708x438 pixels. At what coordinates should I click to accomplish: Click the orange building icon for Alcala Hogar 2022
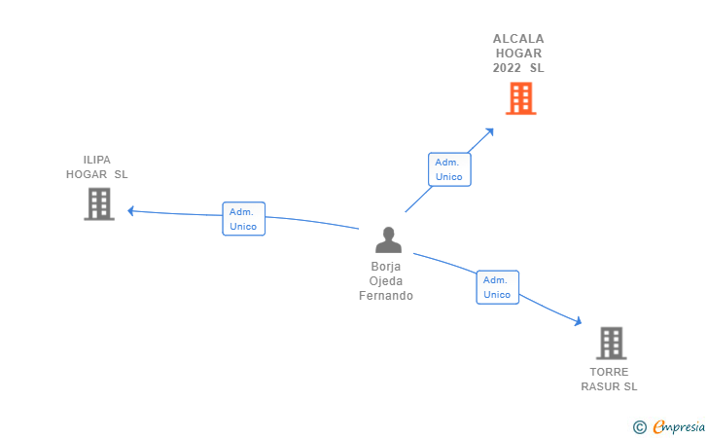[521, 98]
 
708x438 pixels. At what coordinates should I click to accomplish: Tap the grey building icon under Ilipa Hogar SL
[99, 204]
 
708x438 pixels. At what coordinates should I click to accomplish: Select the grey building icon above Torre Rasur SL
[611, 344]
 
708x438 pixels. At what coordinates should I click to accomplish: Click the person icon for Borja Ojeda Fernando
[388, 240]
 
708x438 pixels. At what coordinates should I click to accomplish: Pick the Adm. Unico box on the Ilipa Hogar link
[243, 219]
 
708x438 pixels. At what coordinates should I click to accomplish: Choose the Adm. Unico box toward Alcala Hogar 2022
[449, 169]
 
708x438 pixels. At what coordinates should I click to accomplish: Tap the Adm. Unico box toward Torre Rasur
[497, 287]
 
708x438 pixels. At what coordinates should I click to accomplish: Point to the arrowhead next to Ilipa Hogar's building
[130, 210]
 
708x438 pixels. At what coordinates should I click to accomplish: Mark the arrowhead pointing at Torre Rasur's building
[578, 321]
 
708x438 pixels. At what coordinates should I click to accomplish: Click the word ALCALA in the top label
[518, 39]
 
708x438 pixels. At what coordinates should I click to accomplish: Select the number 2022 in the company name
[507, 68]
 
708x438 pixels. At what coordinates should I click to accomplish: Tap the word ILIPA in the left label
[97, 160]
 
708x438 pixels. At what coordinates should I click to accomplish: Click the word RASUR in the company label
[599, 386]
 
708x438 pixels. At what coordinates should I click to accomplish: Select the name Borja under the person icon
[386, 266]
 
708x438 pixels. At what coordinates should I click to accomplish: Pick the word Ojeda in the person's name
[386, 280]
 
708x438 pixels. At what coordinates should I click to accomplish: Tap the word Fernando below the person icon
[386, 296]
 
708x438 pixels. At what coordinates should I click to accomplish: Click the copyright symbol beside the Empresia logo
[639, 426]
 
